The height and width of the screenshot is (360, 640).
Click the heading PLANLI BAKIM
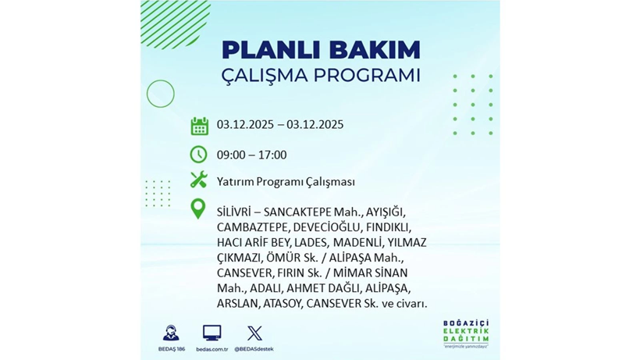coord(321,50)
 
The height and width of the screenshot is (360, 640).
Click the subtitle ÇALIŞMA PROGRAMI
coord(321,77)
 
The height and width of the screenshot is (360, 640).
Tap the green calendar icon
coord(199,126)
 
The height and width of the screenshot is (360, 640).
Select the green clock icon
coord(199,155)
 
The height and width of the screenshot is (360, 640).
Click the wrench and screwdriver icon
coord(199,180)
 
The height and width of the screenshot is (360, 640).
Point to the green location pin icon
coord(199,209)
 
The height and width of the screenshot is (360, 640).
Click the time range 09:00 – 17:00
coord(251,155)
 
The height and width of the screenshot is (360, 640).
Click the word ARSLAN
coord(237,303)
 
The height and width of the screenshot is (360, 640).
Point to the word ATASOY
coord(283,303)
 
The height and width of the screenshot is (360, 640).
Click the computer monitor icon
coord(212,333)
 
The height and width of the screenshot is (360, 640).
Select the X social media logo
coord(254,333)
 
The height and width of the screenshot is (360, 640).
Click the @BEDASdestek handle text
coord(254,348)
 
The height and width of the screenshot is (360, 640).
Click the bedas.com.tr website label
coord(212,348)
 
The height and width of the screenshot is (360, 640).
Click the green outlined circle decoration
coord(160,94)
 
